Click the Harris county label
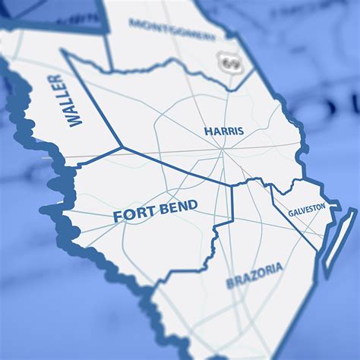224,131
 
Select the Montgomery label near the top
172,30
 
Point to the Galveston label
307,208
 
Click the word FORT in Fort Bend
131,216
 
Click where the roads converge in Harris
223,151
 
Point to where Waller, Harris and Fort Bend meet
122,147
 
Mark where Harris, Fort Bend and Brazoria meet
232,185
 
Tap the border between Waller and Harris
93,99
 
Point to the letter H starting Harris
207,132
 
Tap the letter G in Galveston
291,213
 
